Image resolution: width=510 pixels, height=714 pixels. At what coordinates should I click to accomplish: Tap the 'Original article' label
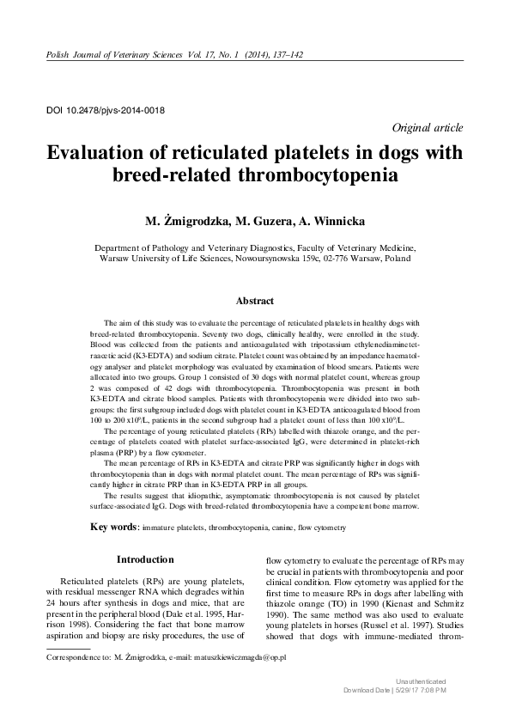coord(427,128)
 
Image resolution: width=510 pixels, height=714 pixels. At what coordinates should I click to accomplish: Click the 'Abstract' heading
coord(254,302)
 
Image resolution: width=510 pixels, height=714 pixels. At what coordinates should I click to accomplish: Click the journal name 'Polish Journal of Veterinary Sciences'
coord(106,55)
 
